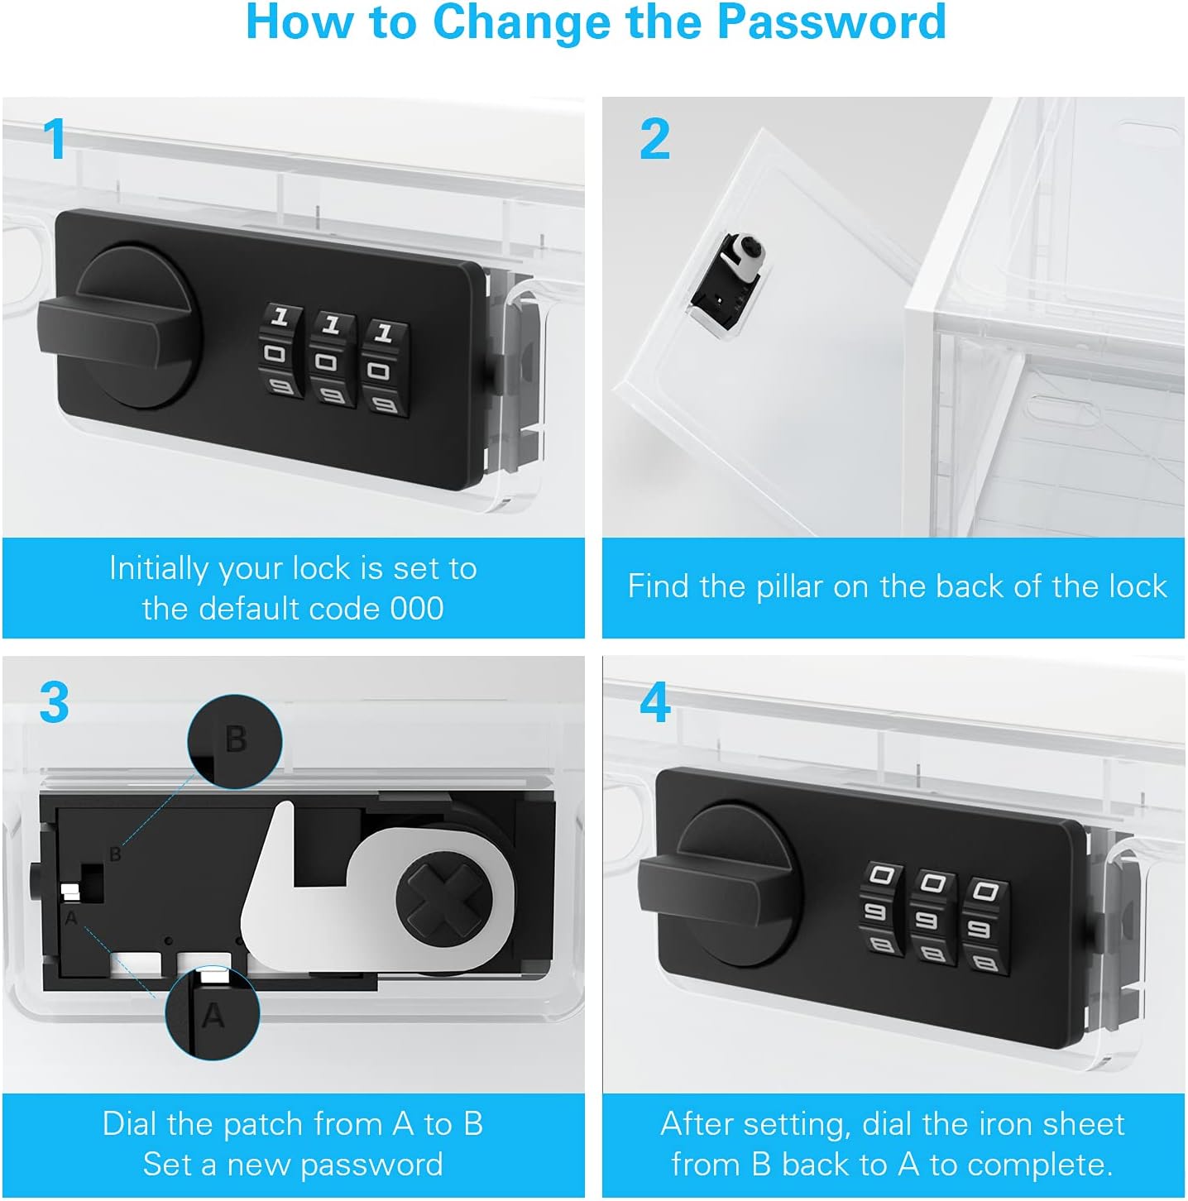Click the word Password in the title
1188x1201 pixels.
point(831,22)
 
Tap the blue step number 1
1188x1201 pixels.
point(55,138)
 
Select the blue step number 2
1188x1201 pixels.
point(654,140)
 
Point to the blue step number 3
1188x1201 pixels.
point(55,702)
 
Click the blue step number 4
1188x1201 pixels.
point(654,702)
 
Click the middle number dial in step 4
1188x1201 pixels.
point(932,916)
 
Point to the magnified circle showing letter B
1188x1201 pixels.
point(234,742)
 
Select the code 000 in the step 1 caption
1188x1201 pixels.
point(417,608)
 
